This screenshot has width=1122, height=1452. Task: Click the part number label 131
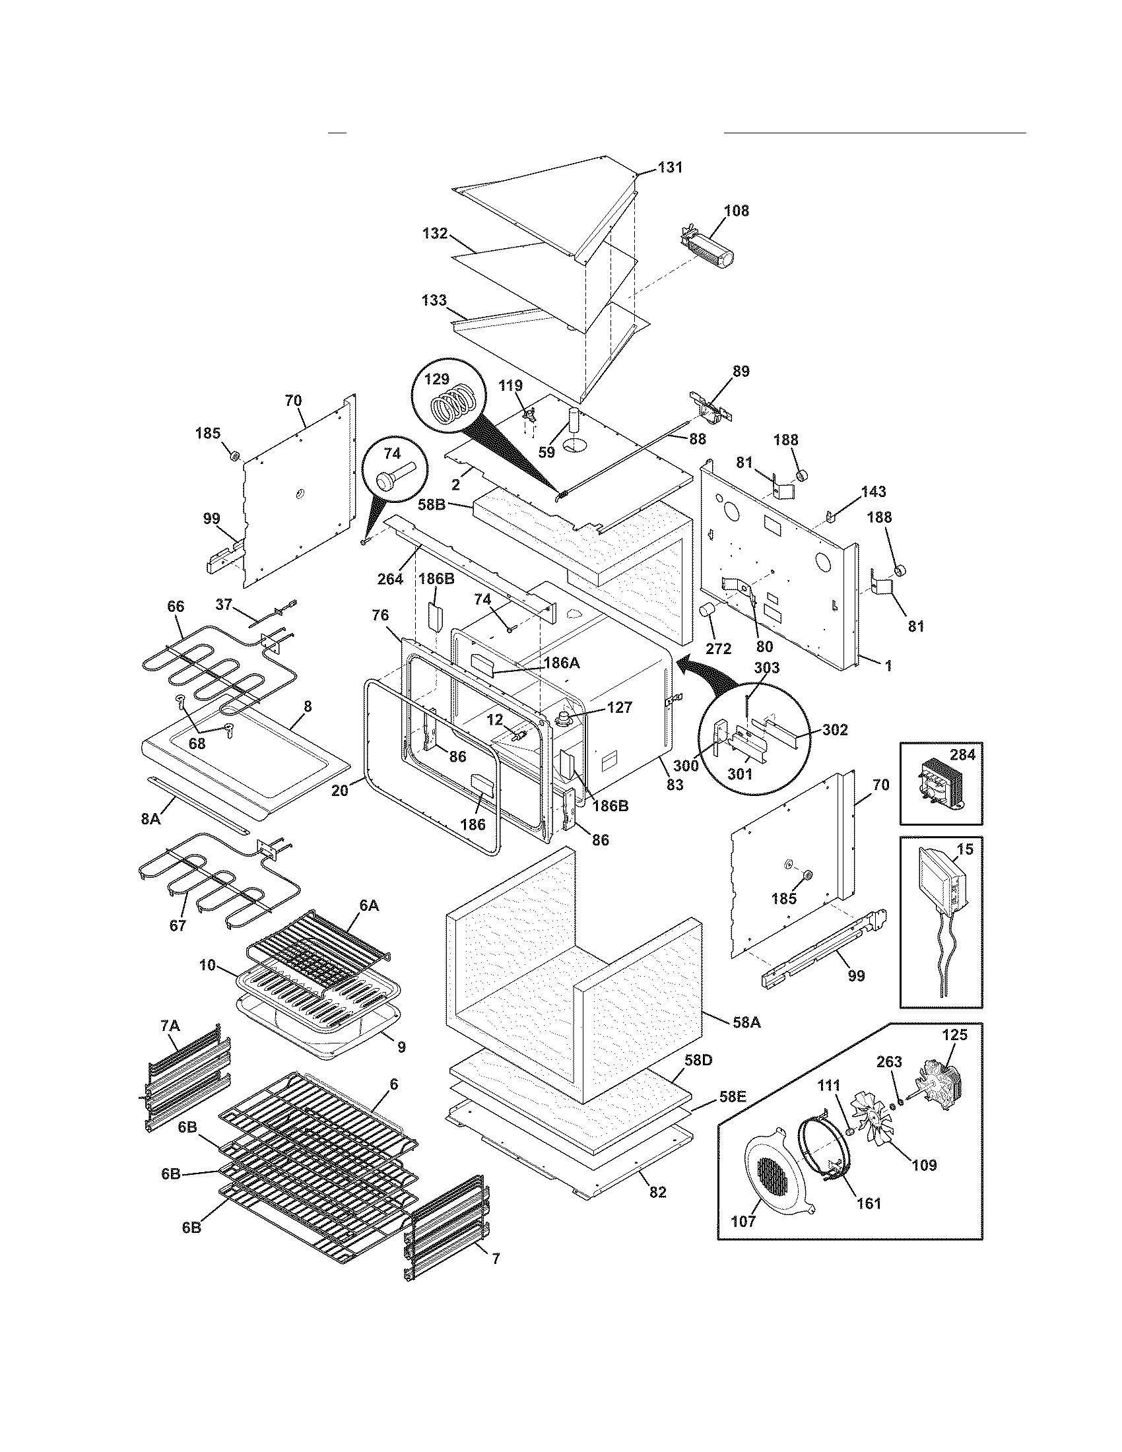point(670,168)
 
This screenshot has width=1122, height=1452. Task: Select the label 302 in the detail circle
point(834,730)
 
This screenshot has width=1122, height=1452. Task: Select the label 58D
point(698,1059)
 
